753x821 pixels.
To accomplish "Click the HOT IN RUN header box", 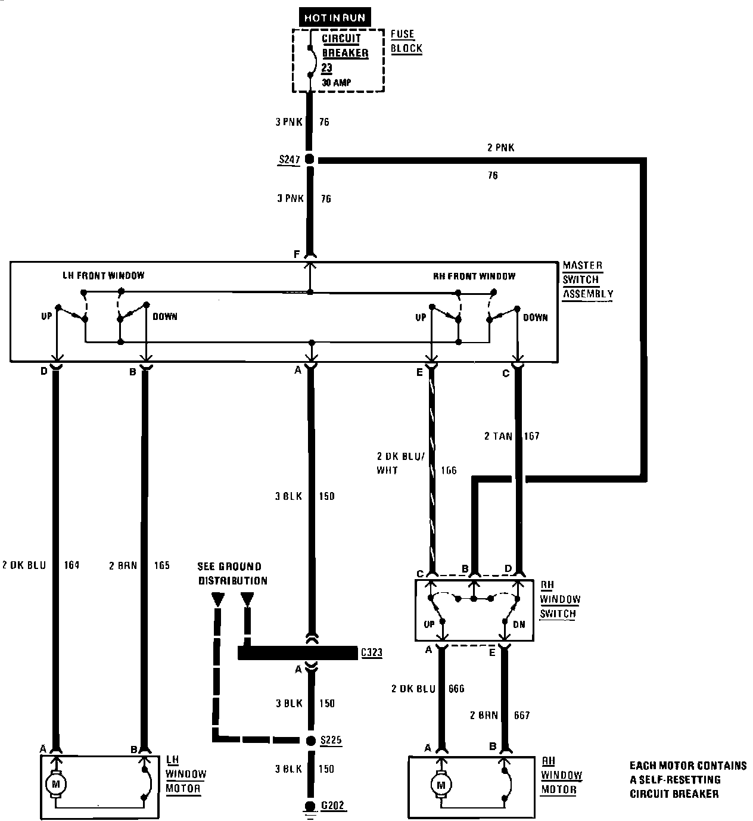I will [334, 18].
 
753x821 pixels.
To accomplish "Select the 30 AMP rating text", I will [336, 83].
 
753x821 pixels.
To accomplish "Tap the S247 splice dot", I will [309, 160].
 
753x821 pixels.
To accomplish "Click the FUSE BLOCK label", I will [406, 42].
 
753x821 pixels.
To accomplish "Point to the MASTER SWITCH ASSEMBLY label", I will [587, 279].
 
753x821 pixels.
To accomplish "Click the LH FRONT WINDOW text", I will [104, 276].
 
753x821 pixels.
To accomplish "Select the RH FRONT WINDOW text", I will [474, 276].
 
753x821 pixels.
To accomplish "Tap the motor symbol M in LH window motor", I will [57, 782].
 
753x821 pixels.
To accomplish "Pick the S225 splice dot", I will [310, 741].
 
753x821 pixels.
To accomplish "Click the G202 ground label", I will [333, 806].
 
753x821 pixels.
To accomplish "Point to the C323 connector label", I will [371, 653].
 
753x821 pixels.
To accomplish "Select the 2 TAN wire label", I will [497, 436].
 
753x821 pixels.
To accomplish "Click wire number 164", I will [71, 565].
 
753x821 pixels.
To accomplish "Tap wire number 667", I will [521, 715].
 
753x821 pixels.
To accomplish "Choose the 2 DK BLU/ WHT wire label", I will [400, 463].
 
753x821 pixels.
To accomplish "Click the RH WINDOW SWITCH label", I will [559, 599].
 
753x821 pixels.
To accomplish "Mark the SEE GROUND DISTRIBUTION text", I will [232, 573].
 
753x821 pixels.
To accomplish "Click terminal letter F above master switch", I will [297, 254].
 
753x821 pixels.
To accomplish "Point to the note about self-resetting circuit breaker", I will [688, 779].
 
